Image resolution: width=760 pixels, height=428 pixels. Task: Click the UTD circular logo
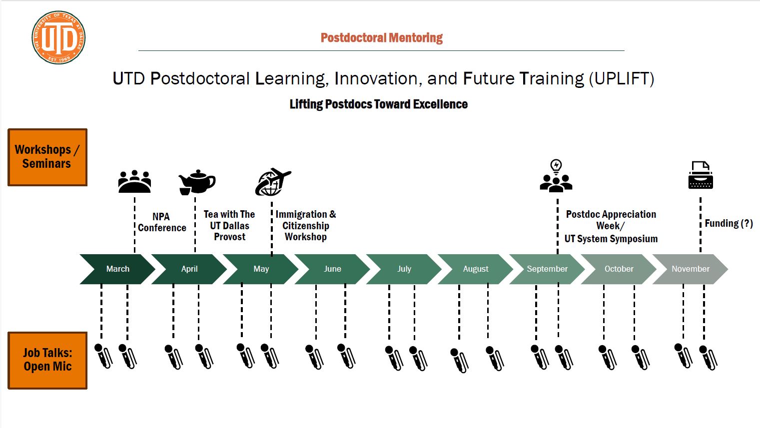pyautogui.click(x=58, y=37)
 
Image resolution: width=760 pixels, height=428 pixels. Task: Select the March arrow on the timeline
pyautogui.click(x=117, y=269)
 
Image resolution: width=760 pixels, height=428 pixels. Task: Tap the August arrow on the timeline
pyautogui.click(x=475, y=269)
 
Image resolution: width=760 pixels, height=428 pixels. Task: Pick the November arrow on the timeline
pyautogui.click(x=690, y=269)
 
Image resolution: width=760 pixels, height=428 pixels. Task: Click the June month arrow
pyautogui.click(x=332, y=269)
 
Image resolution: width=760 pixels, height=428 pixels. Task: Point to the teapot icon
pyautogui.click(x=197, y=182)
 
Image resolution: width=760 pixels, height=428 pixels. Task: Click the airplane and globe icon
pyautogui.click(x=273, y=182)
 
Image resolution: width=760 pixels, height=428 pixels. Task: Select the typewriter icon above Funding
pyautogui.click(x=700, y=175)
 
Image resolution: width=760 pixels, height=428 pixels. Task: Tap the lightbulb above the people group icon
pyautogui.click(x=556, y=166)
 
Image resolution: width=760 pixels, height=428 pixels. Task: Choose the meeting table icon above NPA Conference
pyautogui.click(x=134, y=181)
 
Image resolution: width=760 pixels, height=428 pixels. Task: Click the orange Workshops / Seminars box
pyautogui.click(x=47, y=157)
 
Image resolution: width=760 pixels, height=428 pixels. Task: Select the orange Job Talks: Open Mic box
pyautogui.click(x=47, y=360)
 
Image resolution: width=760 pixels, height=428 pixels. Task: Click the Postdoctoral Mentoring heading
pyautogui.click(x=382, y=37)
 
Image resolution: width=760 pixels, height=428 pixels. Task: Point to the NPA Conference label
pyautogui.click(x=162, y=222)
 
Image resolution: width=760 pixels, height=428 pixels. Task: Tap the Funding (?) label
pyautogui.click(x=729, y=223)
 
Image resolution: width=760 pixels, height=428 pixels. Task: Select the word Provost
pyautogui.click(x=230, y=237)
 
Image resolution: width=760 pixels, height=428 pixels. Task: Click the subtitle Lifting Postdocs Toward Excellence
pyautogui.click(x=379, y=104)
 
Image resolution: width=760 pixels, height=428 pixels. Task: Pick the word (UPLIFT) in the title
pyautogui.click(x=621, y=79)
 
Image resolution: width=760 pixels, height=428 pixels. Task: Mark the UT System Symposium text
pyautogui.click(x=611, y=239)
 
